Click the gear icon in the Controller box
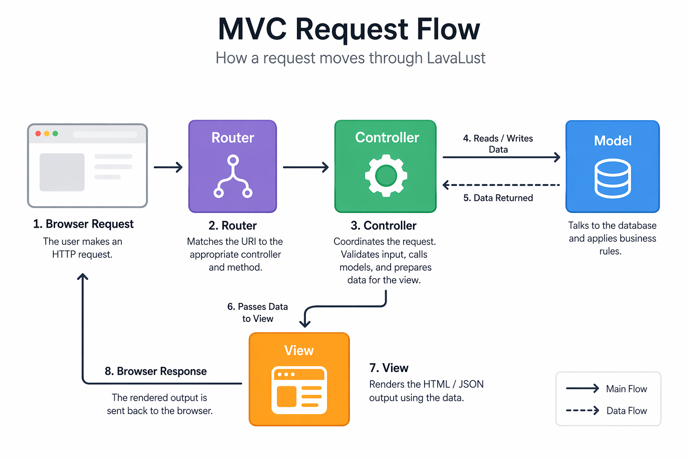(386, 175)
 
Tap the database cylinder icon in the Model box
(612, 178)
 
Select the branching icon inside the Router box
(232, 177)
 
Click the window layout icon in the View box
(299, 390)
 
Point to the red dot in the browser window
(38, 134)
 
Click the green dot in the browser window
(55, 134)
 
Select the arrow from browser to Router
(168, 167)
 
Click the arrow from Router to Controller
(305, 167)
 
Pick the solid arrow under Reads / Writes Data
(501, 157)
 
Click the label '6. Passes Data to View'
(258, 312)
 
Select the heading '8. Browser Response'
(155, 371)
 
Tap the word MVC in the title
(252, 29)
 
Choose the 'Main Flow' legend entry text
(626, 389)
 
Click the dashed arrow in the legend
(582, 410)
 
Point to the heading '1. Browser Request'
(83, 224)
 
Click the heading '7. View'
(388, 368)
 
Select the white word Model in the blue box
(612, 141)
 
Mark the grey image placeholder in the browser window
(62, 172)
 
